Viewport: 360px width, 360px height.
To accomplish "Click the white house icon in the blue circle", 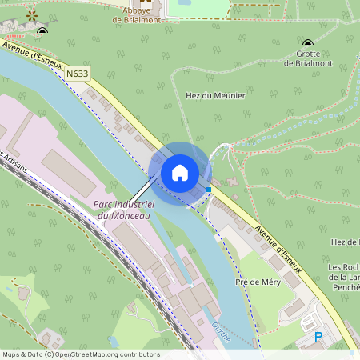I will coord(180,172).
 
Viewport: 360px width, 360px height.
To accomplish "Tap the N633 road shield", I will coord(78,74).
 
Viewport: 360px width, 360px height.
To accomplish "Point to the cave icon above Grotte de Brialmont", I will coord(308,42).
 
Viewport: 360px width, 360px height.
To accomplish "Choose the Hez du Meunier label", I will coord(215,95).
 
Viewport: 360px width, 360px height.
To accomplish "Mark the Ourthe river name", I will coord(221,332).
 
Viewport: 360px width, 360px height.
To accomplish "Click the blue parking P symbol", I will coord(318,338).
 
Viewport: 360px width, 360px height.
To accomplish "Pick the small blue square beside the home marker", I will coord(209,189).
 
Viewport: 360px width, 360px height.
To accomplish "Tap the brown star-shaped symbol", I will coord(31,14).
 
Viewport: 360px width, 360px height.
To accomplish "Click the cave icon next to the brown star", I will coord(42,31).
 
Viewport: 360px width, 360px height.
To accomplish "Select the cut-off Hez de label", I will coord(346,242).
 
